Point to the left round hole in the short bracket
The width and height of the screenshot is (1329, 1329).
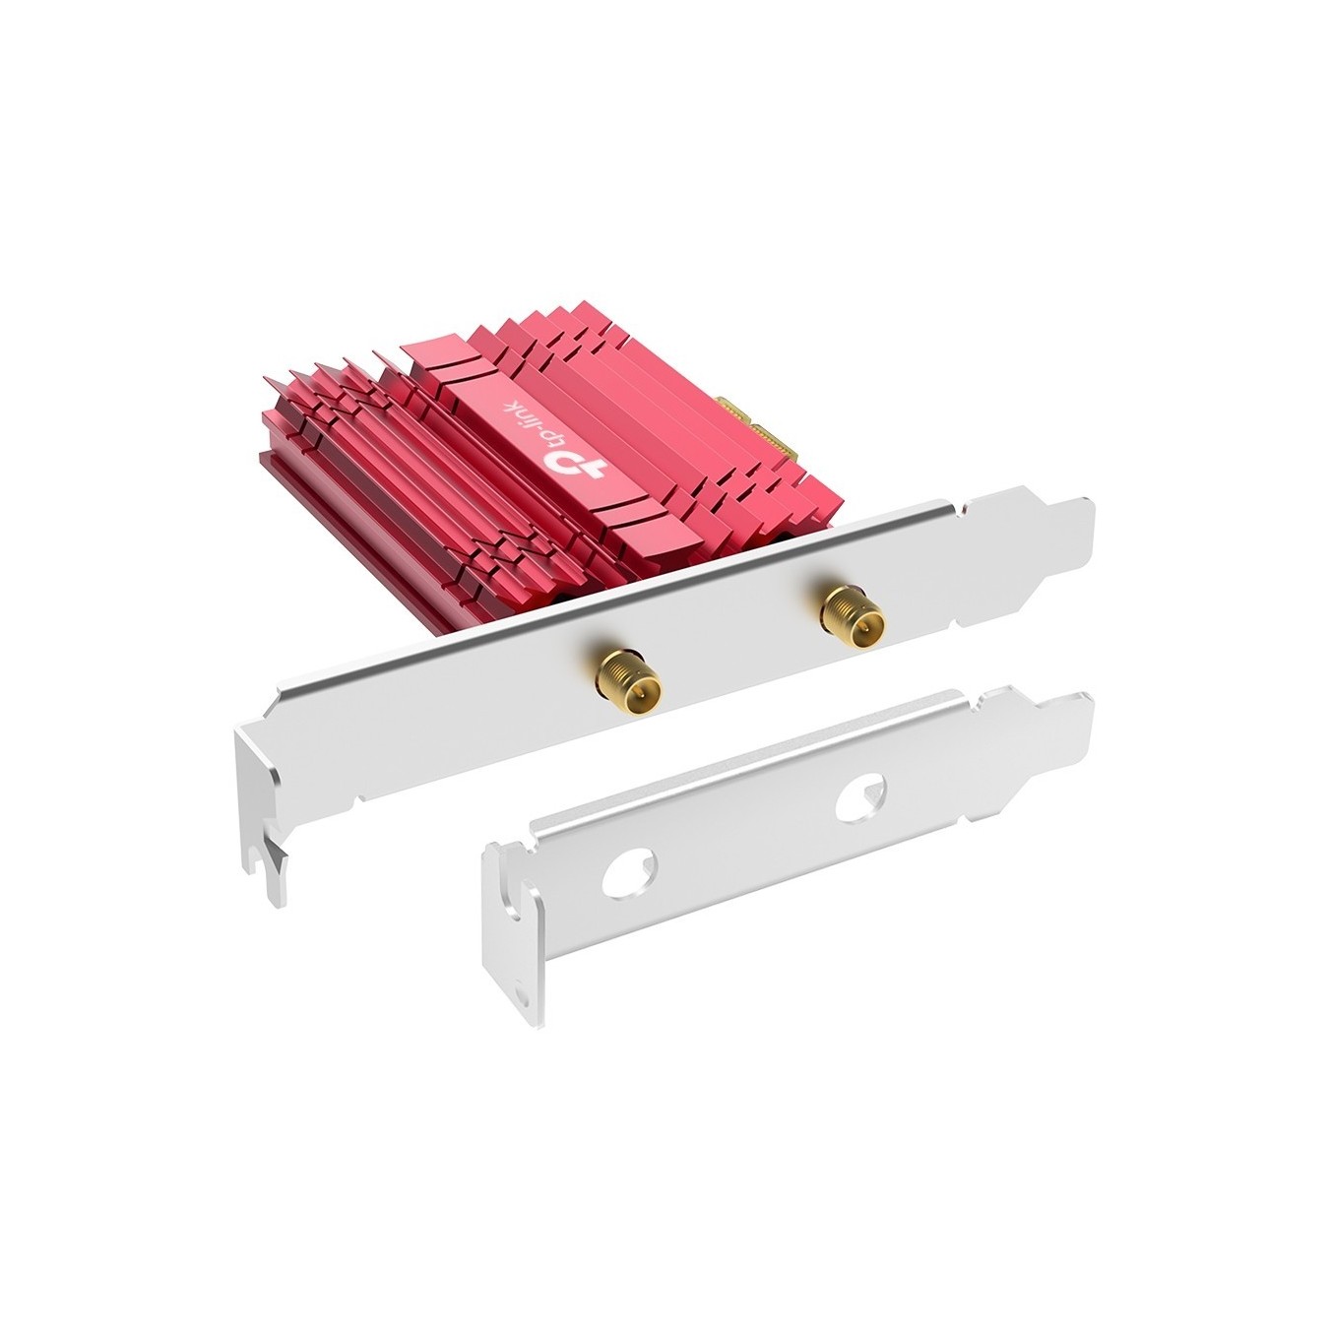point(629,873)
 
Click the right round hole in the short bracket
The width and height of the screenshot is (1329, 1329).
point(860,798)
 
